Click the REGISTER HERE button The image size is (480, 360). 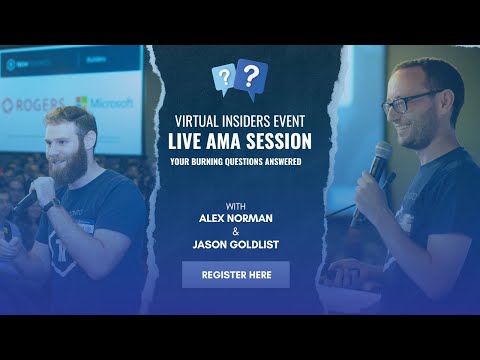[x=235, y=274]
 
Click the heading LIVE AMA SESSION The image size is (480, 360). [x=240, y=141]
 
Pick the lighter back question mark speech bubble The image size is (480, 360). [x=224, y=79]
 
